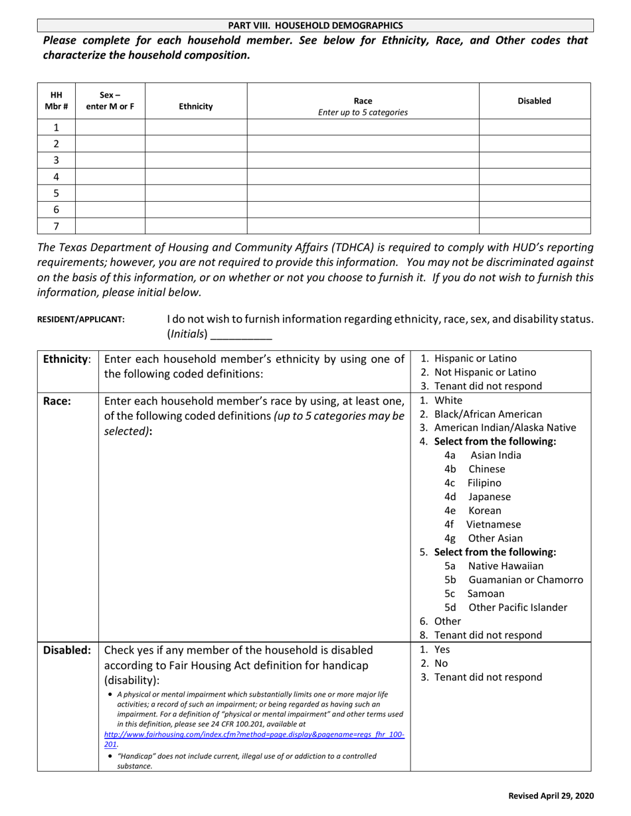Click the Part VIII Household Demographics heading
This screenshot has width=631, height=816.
pyautogui.click(x=315, y=25)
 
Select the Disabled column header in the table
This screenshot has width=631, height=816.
pyautogui.click(x=534, y=101)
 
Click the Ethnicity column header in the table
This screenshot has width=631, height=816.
pyautogui.click(x=196, y=106)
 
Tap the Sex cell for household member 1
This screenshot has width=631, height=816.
pyautogui.click(x=110, y=127)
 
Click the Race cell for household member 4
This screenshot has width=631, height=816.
pyautogui.click(x=363, y=176)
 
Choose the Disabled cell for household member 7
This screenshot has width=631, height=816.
pyautogui.click(x=535, y=226)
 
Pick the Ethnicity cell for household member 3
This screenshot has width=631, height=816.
pyautogui.click(x=196, y=160)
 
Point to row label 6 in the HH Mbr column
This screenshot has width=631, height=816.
pyautogui.click(x=56, y=209)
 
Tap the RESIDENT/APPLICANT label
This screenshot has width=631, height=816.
pyautogui.click(x=80, y=319)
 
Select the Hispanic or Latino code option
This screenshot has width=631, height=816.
pyautogui.click(x=474, y=358)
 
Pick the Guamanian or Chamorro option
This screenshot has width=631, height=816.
pyautogui.click(x=525, y=580)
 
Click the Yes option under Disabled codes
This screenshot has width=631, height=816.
pyautogui.click(x=442, y=649)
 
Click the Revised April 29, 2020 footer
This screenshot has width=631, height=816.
pyautogui.click(x=551, y=796)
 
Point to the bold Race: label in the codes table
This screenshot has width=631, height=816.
pyautogui.click(x=56, y=401)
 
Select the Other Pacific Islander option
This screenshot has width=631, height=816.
pyautogui.click(x=517, y=608)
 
